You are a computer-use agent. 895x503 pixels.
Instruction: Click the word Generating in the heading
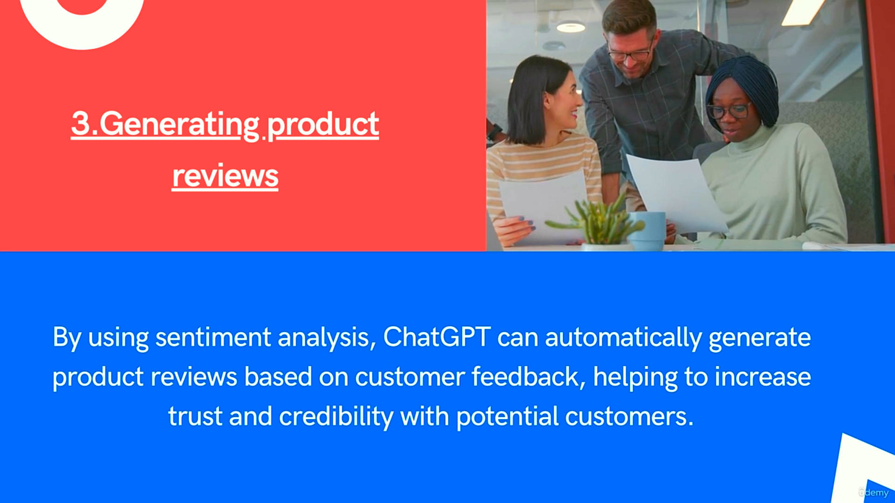179,125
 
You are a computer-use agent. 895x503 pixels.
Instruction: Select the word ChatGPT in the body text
437,336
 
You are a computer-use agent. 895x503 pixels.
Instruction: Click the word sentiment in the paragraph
213,337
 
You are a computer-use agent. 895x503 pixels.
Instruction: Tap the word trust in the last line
195,416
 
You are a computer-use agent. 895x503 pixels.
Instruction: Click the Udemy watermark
874,492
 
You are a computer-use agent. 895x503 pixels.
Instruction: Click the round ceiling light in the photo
571,27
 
